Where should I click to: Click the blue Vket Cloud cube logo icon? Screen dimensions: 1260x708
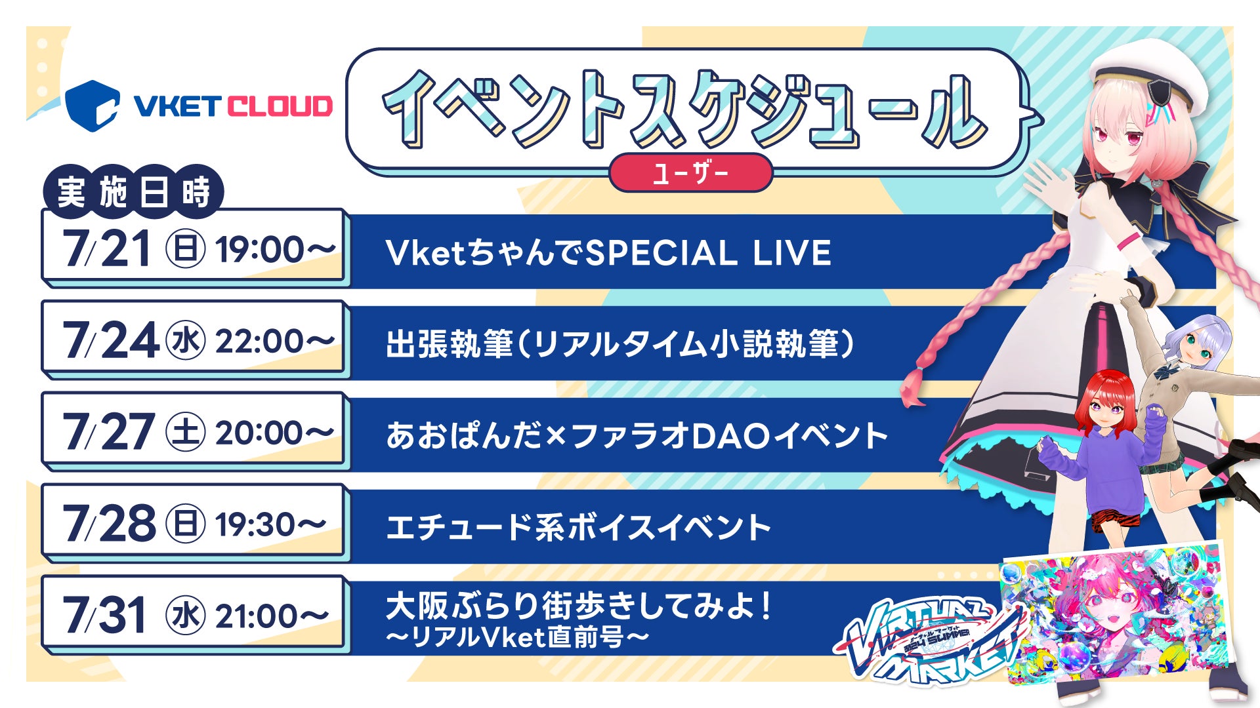tap(93, 106)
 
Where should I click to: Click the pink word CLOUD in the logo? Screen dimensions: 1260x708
tap(280, 106)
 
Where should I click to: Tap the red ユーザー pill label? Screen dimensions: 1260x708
tap(690, 173)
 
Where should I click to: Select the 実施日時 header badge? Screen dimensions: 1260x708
tap(133, 191)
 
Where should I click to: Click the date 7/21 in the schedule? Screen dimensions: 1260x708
tap(107, 249)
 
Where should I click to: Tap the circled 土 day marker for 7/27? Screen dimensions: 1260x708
tap(186, 433)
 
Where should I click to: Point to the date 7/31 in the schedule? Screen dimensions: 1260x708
tap(104, 616)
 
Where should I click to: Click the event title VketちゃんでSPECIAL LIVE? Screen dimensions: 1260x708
tap(608, 253)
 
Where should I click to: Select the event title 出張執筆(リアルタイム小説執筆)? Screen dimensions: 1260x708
tap(621, 344)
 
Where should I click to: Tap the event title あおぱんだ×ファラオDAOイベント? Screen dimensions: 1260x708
tap(637, 436)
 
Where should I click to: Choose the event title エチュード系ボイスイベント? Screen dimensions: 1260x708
tap(578, 527)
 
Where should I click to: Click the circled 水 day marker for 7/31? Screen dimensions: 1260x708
tap(186, 616)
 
